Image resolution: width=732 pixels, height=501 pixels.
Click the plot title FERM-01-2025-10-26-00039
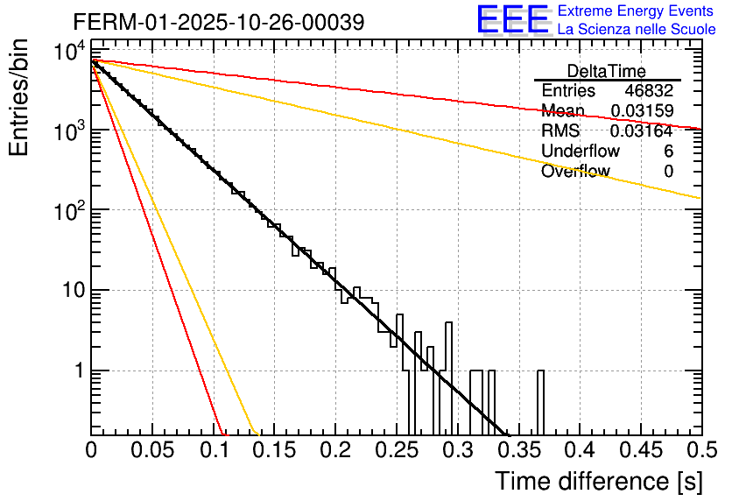click(206, 21)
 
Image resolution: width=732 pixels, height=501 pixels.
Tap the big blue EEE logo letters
click(512, 19)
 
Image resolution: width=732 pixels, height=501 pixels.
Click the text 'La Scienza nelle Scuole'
click(636, 30)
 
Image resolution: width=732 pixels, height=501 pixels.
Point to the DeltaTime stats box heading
click(607, 71)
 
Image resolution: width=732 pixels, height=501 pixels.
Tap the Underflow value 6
click(668, 152)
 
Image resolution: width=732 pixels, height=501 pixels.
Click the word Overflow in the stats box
click(575, 172)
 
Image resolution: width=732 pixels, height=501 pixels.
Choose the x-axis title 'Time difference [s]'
click(597, 481)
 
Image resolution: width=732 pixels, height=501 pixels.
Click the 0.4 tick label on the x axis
click(579, 452)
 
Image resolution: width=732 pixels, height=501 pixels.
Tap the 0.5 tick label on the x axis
click(700, 452)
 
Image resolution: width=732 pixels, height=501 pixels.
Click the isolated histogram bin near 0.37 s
click(540, 402)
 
